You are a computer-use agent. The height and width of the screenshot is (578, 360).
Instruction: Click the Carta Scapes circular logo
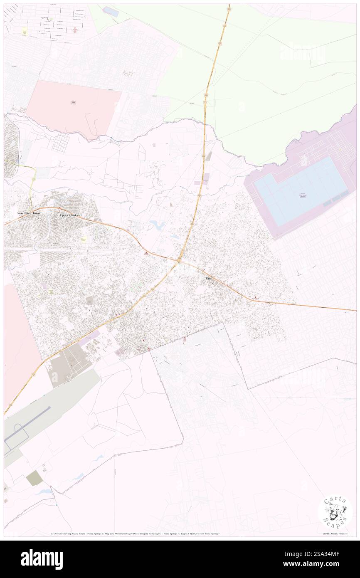[335, 512]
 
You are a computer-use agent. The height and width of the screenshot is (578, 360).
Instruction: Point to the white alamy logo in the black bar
[42, 559]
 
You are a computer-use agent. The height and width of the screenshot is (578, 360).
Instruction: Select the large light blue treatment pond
[300, 191]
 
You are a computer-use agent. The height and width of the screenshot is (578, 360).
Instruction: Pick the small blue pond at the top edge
[110, 11]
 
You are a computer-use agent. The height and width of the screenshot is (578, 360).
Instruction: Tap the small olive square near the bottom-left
[35, 478]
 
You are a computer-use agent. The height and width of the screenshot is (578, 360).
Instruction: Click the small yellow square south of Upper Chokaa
[84, 240]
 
